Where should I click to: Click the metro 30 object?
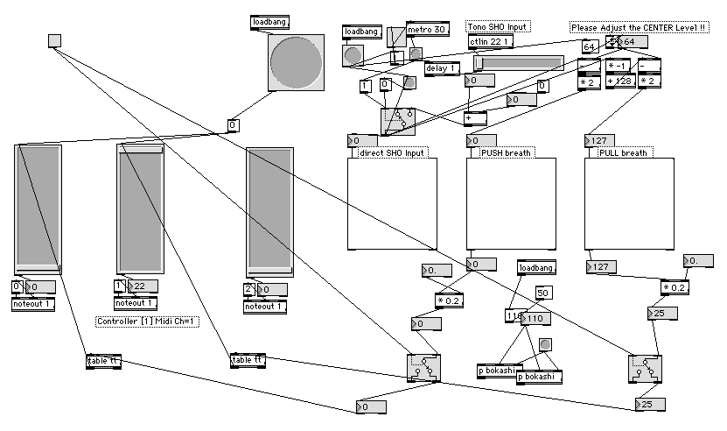(428, 31)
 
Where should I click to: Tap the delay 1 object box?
(443, 69)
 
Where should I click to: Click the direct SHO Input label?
(391, 153)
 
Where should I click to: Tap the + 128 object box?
(620, 81)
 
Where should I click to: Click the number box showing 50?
(542, 293)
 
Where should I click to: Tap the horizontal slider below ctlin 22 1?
(519, 63)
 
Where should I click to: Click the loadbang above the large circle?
(269, 21)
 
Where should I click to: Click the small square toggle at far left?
(54, 39)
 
